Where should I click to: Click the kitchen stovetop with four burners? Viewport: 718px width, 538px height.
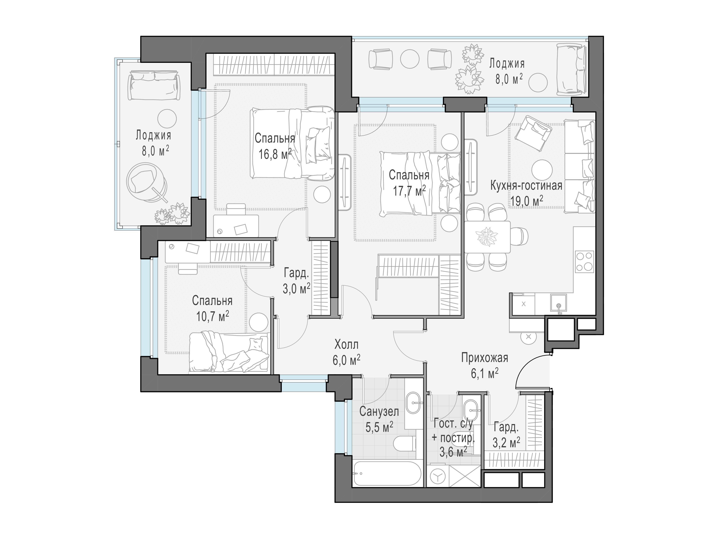coord(584,262)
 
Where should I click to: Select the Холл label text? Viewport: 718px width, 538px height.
coord(346,344)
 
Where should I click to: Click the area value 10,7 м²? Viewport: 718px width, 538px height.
coord(213,316)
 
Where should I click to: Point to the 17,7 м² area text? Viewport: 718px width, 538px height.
coord(409,191)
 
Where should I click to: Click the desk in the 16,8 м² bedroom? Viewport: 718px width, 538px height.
coord(236,225)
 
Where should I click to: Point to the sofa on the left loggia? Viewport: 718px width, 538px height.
coord(154,86)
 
